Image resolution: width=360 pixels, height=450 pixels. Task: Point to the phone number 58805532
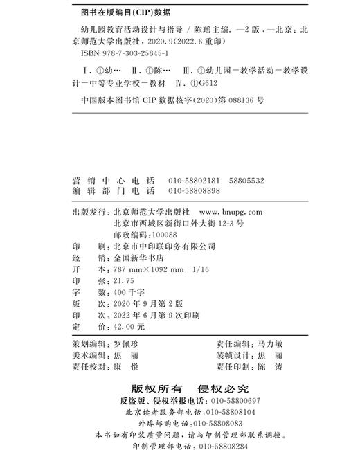click(244, 181)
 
